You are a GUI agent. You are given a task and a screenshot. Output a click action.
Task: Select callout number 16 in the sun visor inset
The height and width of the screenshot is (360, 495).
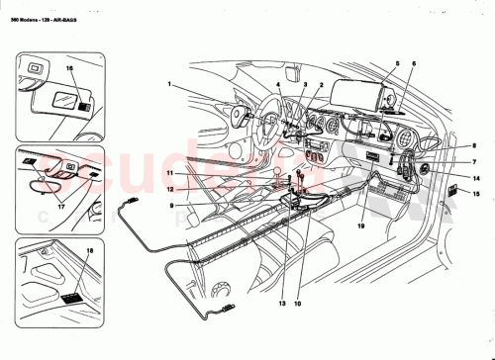click(70, 69)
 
